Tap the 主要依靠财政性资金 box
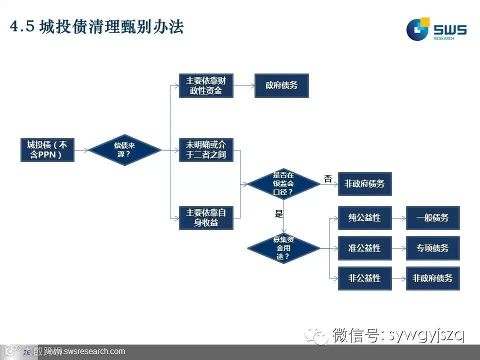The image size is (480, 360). (x=206, y=85)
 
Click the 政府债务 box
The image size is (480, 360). (x=281, y=85)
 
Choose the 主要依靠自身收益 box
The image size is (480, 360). (x=206, y=218)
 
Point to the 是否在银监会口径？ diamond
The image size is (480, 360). (x=283, y=183)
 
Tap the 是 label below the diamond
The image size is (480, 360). (x=279, y=214)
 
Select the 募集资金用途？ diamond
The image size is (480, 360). (x=283, y=248)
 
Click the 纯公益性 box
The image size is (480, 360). (x=364, y=218)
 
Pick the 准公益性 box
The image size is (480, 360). (x=364, y=248)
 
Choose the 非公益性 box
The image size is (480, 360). (x=364, y=278)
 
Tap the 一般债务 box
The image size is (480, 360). (x=432, y=218)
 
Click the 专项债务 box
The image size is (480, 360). (x=432, y=248)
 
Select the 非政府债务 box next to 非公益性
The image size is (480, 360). (x=432, y=278)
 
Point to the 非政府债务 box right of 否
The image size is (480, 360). (x=364, y=183)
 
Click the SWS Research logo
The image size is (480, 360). (x=435, y=29)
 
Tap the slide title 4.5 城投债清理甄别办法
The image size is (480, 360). (x=97, y=27)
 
